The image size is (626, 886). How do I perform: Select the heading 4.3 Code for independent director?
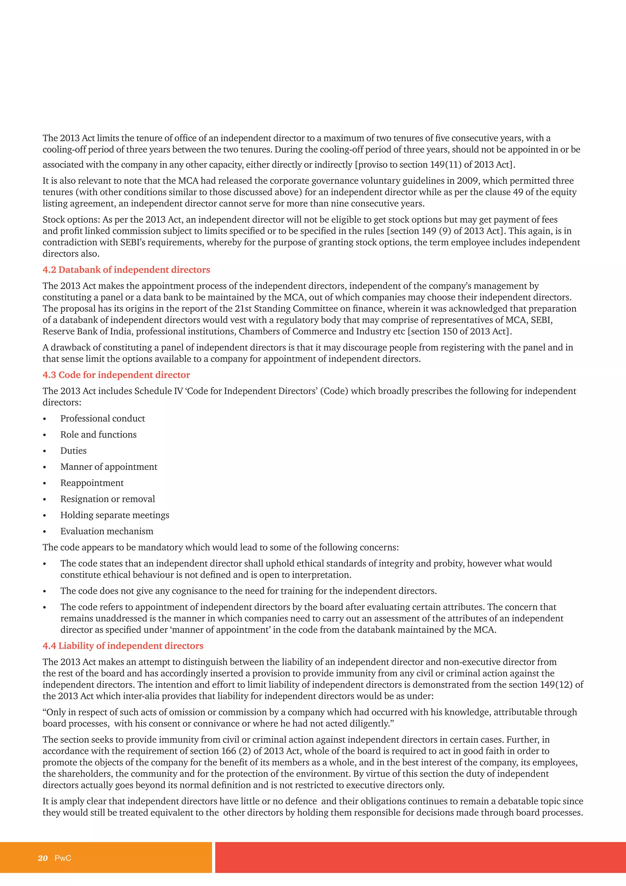pos(116,375)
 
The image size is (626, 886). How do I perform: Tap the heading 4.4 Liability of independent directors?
pos(123,646)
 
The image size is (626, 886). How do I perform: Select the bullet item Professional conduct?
pos(102,418)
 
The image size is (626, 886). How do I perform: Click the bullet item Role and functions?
pos(98,434)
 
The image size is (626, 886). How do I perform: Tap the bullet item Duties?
pos(73,451)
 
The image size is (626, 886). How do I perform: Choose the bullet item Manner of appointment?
pos(109,467)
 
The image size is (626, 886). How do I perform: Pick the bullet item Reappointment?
pos(92,483)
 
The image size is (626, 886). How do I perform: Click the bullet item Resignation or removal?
pos(108,499)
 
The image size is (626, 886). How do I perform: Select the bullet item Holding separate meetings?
pos(115,515)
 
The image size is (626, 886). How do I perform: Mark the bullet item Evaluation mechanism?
pos(107,531)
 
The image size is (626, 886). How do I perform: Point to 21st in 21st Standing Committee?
pos(243,309)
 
